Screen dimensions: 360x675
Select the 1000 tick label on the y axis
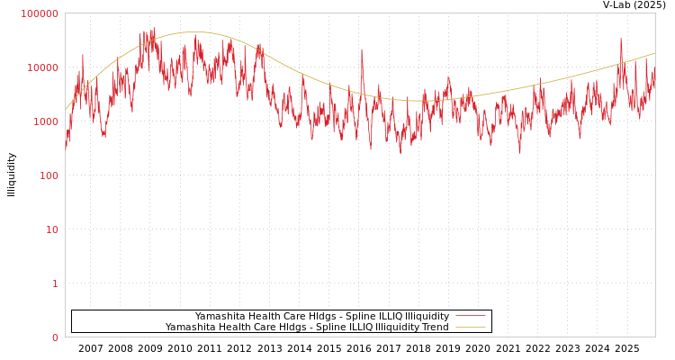(46, 121)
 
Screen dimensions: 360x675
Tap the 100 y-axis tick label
(49, 175)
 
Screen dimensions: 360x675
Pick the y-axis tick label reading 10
(52, 229)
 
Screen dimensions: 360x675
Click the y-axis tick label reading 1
(55, 283)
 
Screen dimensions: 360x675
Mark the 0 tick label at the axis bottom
(55, 337)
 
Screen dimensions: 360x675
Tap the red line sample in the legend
(471, 316)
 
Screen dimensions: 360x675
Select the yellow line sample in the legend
(471, 328)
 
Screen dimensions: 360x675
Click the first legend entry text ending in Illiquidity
(321, 316)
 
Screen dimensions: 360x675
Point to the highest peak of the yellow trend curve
(192, 32)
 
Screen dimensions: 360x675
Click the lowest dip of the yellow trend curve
(418, 100)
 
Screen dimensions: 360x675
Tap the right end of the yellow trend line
(654, 53)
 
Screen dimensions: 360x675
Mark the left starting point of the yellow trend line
(66, 109)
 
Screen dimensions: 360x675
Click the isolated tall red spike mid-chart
(363, 50)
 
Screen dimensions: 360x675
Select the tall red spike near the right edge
(621, 39)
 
